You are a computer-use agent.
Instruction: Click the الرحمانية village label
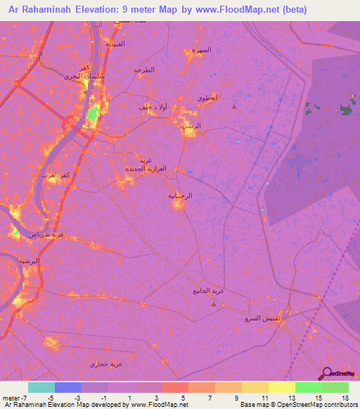pos(180,196)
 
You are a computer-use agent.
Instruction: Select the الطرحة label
pos(143,70)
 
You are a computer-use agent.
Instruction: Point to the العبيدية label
pos(115,44)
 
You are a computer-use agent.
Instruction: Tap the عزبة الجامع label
pos(209,291)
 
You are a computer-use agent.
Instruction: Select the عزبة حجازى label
pos(106,363)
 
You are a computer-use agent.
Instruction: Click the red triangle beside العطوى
pos(233,107)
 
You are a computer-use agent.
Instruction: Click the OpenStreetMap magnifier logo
pos(327,374)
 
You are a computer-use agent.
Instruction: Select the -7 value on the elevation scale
pos(27,397)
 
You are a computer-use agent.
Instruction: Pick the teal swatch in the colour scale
pos(41,387)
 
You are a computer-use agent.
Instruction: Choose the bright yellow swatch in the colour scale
pos(282,387)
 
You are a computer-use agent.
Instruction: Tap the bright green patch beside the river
pos(93,113)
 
